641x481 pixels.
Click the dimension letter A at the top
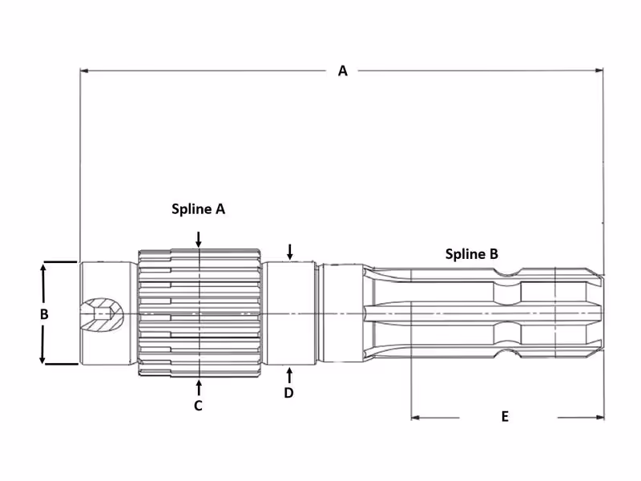tap(343, 71)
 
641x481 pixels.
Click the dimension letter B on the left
tap(44, 314)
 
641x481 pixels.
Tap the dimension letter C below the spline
tap(198, 406)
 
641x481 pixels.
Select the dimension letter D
tap(288, 393)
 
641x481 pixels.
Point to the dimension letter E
tap(505, 416)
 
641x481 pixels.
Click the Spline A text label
tap(198, 209)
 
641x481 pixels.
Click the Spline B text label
tap(472, 254)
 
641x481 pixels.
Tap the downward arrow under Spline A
tap(199, 239)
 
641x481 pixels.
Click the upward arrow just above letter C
tap(199, 388)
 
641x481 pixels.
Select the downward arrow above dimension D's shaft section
tap(290, 252)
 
